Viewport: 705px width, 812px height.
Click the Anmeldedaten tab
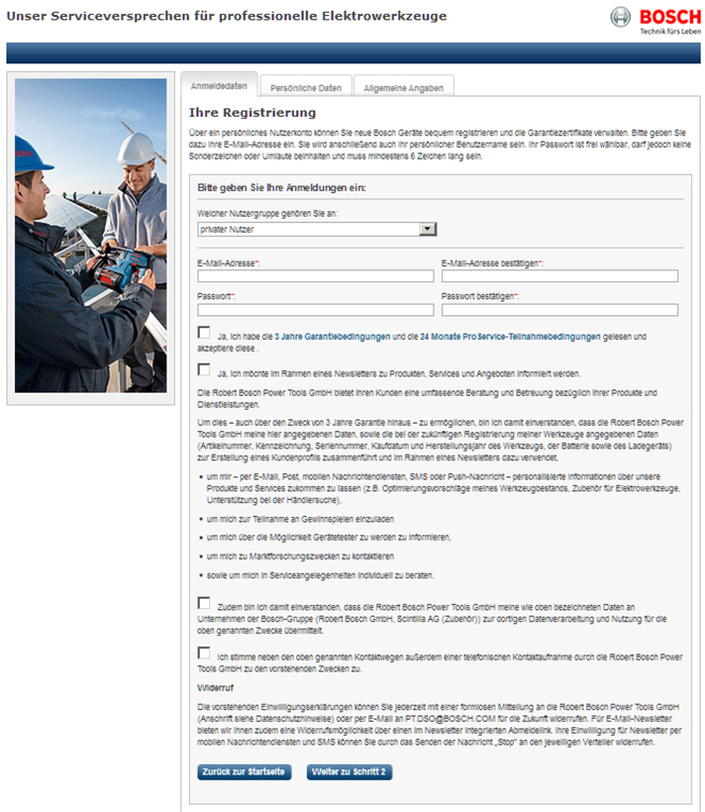pyautogui.click(x=219, y=86)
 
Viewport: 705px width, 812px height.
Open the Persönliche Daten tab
pyautogui.click(x=306, y=88)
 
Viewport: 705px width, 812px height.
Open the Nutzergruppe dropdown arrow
pyautogui.click(x=428, y=229)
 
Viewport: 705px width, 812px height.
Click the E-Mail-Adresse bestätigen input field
pyautogui.click(x=559, y=276)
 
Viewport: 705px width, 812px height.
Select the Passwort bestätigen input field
pyautogui.click(x=559, y=310)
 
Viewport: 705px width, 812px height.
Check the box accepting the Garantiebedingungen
pyautogui.click(x=204, y=333)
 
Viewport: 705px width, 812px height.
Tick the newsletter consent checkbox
pyautogui.click(x=204, y=369)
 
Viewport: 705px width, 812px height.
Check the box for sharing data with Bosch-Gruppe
pyautogui.click(x=204, y=603)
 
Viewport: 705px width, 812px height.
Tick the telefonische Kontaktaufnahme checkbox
pyautogui.click(x=204, y=653)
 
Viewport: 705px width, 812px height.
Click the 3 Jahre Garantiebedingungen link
pyautogui.click(x=332, y=337)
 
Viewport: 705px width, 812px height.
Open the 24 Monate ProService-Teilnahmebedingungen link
pyautogui.click(x=510, y=337)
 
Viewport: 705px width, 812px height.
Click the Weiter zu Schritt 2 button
pyautogui.click(x=350, y=771)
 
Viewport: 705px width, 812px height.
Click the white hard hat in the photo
pyautogui.click(x=134, y=149)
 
